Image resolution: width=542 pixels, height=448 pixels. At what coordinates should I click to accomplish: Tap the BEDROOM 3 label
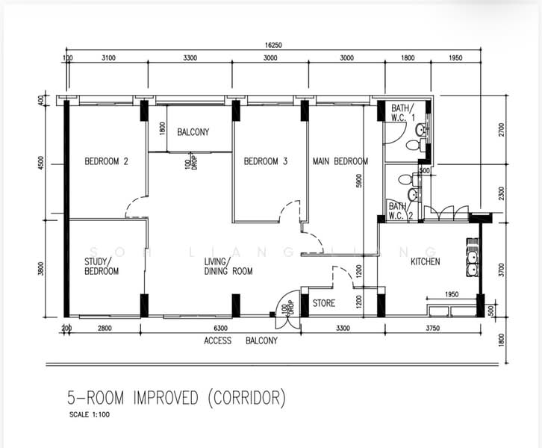coord(265,161)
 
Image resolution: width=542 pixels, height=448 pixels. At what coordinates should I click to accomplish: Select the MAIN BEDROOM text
coord(340,161)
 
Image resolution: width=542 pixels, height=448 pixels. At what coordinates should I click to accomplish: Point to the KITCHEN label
coord(426,261)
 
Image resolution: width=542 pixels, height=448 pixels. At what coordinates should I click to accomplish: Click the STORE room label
coord(323,304)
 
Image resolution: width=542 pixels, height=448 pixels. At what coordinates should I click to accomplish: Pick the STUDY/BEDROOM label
coord(102,266)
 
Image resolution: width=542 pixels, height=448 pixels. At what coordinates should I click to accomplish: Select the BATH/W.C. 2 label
coord(398,211)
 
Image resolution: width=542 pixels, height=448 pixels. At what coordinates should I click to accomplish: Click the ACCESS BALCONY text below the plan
coord(240,340)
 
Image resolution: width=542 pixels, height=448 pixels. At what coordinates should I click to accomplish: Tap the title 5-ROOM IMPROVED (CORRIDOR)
coord(173,397)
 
